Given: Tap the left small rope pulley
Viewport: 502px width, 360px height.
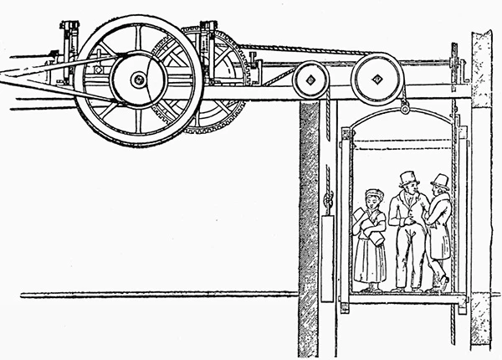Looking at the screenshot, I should pyautogui.click(x=307, y=82).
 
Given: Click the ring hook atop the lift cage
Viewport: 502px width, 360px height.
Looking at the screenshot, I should pyautogui.click(x=405, y=107).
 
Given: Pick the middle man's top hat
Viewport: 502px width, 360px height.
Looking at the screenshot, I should pyautogui.click(x=408, y=177).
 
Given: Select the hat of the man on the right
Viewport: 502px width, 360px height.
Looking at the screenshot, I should pyautogui.click(x=439, y=180).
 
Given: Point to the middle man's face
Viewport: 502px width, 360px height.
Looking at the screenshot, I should pyautogui.click(x=408, y=196).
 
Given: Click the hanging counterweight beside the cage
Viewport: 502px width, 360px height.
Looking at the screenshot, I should pyautogui.click(x=330, y=256).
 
